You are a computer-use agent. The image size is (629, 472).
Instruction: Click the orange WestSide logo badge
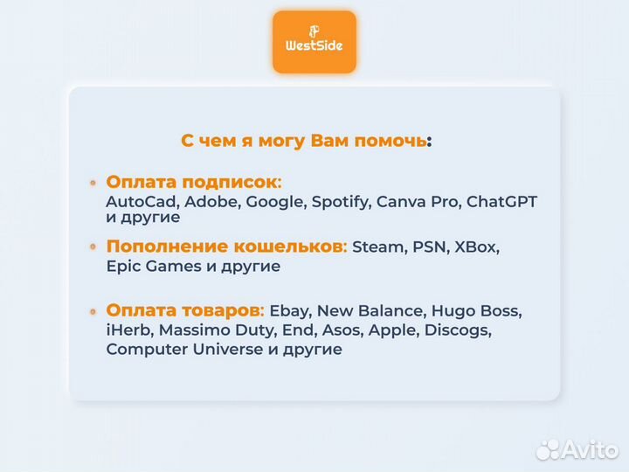click(x=314, y=41)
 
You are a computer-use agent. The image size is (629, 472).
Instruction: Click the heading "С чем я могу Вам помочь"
click(x=305, y=141)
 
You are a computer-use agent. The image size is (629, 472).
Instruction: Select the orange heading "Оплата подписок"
click(x=191, y=182)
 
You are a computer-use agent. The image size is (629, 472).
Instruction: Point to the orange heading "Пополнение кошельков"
click(x=225, y=246)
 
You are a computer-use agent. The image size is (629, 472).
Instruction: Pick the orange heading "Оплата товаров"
click(x=183, y=310)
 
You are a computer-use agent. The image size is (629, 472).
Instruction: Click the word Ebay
click(x=288, y=311)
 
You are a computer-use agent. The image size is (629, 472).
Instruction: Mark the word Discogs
click(x=461, y=330)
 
